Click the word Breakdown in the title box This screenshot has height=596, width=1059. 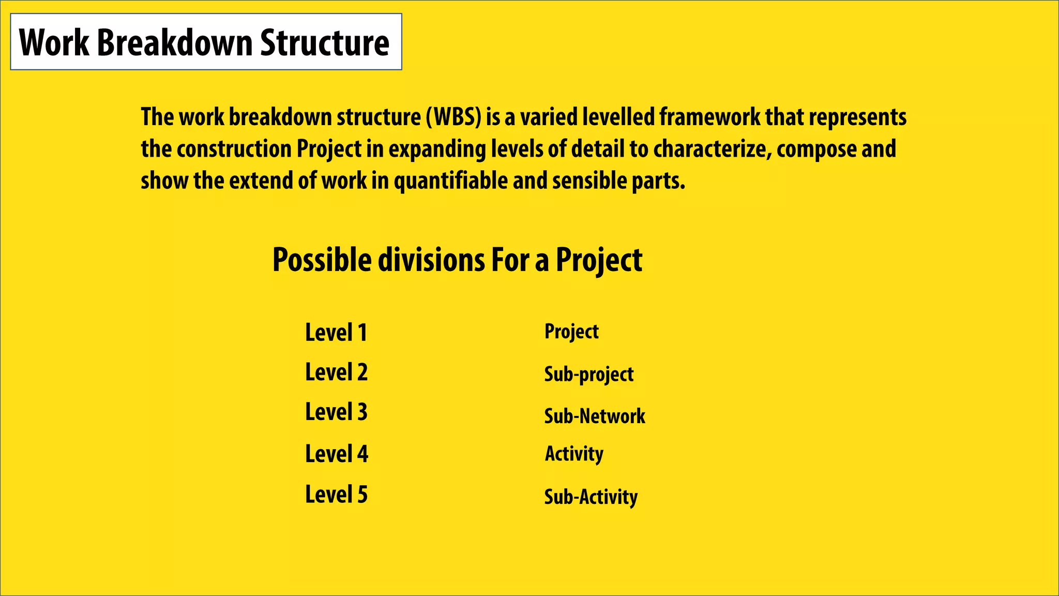point(175,42)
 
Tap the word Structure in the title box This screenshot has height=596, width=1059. point(324,42)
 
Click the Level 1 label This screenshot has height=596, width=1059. point(336,333)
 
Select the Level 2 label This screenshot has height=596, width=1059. point(336,373)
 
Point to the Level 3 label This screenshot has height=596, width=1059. point(336,412)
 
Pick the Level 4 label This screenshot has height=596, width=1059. point(337,454)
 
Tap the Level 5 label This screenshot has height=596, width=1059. point(336,495)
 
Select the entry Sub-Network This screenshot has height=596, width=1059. point(595,416)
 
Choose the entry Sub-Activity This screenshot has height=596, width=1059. point(591,497)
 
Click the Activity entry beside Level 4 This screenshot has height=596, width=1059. point(574,454)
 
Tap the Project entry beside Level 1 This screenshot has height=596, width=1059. point(571,332)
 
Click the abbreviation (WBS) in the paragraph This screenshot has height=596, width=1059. point(453,117)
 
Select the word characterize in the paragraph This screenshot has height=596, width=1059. point(712,150)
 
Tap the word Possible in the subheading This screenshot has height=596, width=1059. point(322,260)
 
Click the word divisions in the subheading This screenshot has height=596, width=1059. point(431,260)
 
